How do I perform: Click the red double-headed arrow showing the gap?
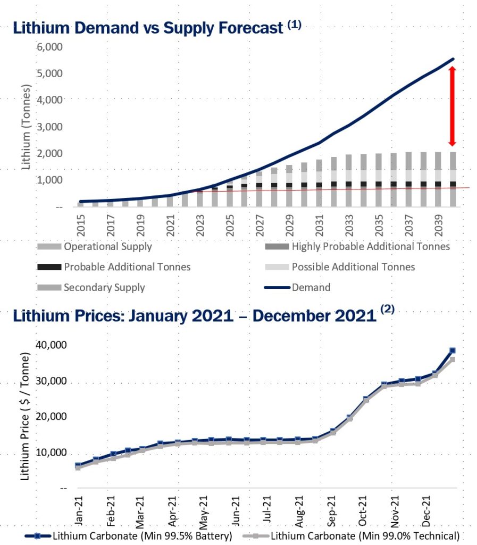(x=452, y=106)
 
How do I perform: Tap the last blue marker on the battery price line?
(x=453, y=350)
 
